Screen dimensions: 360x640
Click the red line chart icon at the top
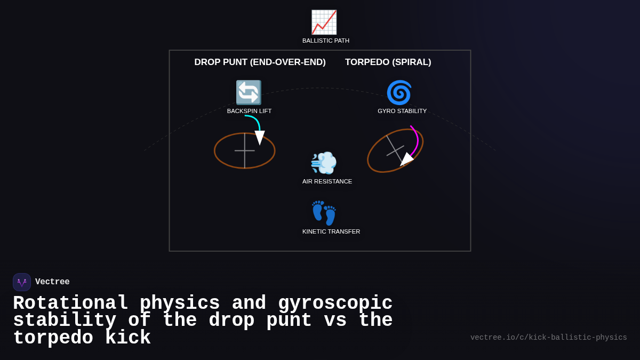click(x=324, y=22)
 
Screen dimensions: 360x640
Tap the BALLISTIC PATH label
click(x=326, y=41)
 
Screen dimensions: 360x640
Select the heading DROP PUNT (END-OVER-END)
click(x=260, y=62)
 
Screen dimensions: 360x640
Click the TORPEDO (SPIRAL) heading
click(x=388, y=62)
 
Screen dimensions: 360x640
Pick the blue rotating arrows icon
click(x=249, y=92)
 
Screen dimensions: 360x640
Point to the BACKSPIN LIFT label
click(x=249, y=111)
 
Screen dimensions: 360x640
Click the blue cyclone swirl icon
click(x=399, y=92)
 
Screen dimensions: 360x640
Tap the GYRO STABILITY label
click(x=402, y=111)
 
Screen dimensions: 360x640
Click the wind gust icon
click(x=324, y=163)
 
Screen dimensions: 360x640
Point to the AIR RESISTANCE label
click(x=327, y=181)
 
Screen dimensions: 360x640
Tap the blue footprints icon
click(x=324, y=213)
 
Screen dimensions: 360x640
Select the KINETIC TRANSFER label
click(x=331, y=231)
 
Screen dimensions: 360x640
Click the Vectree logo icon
click(x=22, y=282)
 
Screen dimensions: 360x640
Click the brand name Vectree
click(x=52, y=282)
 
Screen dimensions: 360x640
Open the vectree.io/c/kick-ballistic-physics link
click(x=548, y=338)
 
